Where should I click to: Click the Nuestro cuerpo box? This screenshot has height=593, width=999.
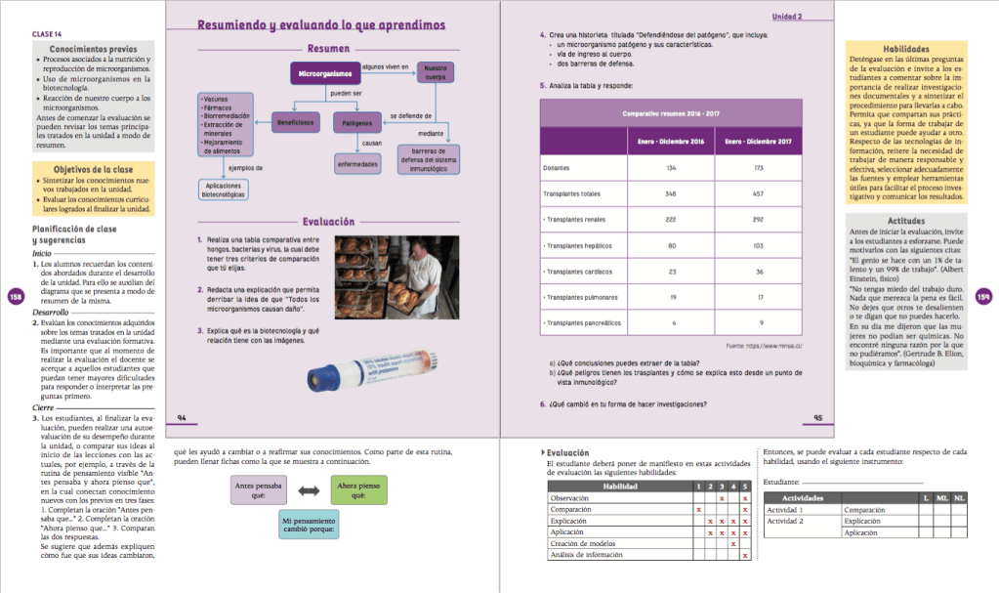[435, 72]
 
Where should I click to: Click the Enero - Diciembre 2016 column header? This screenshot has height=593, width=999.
[671, 142]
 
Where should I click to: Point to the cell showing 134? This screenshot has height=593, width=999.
[671, 168]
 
